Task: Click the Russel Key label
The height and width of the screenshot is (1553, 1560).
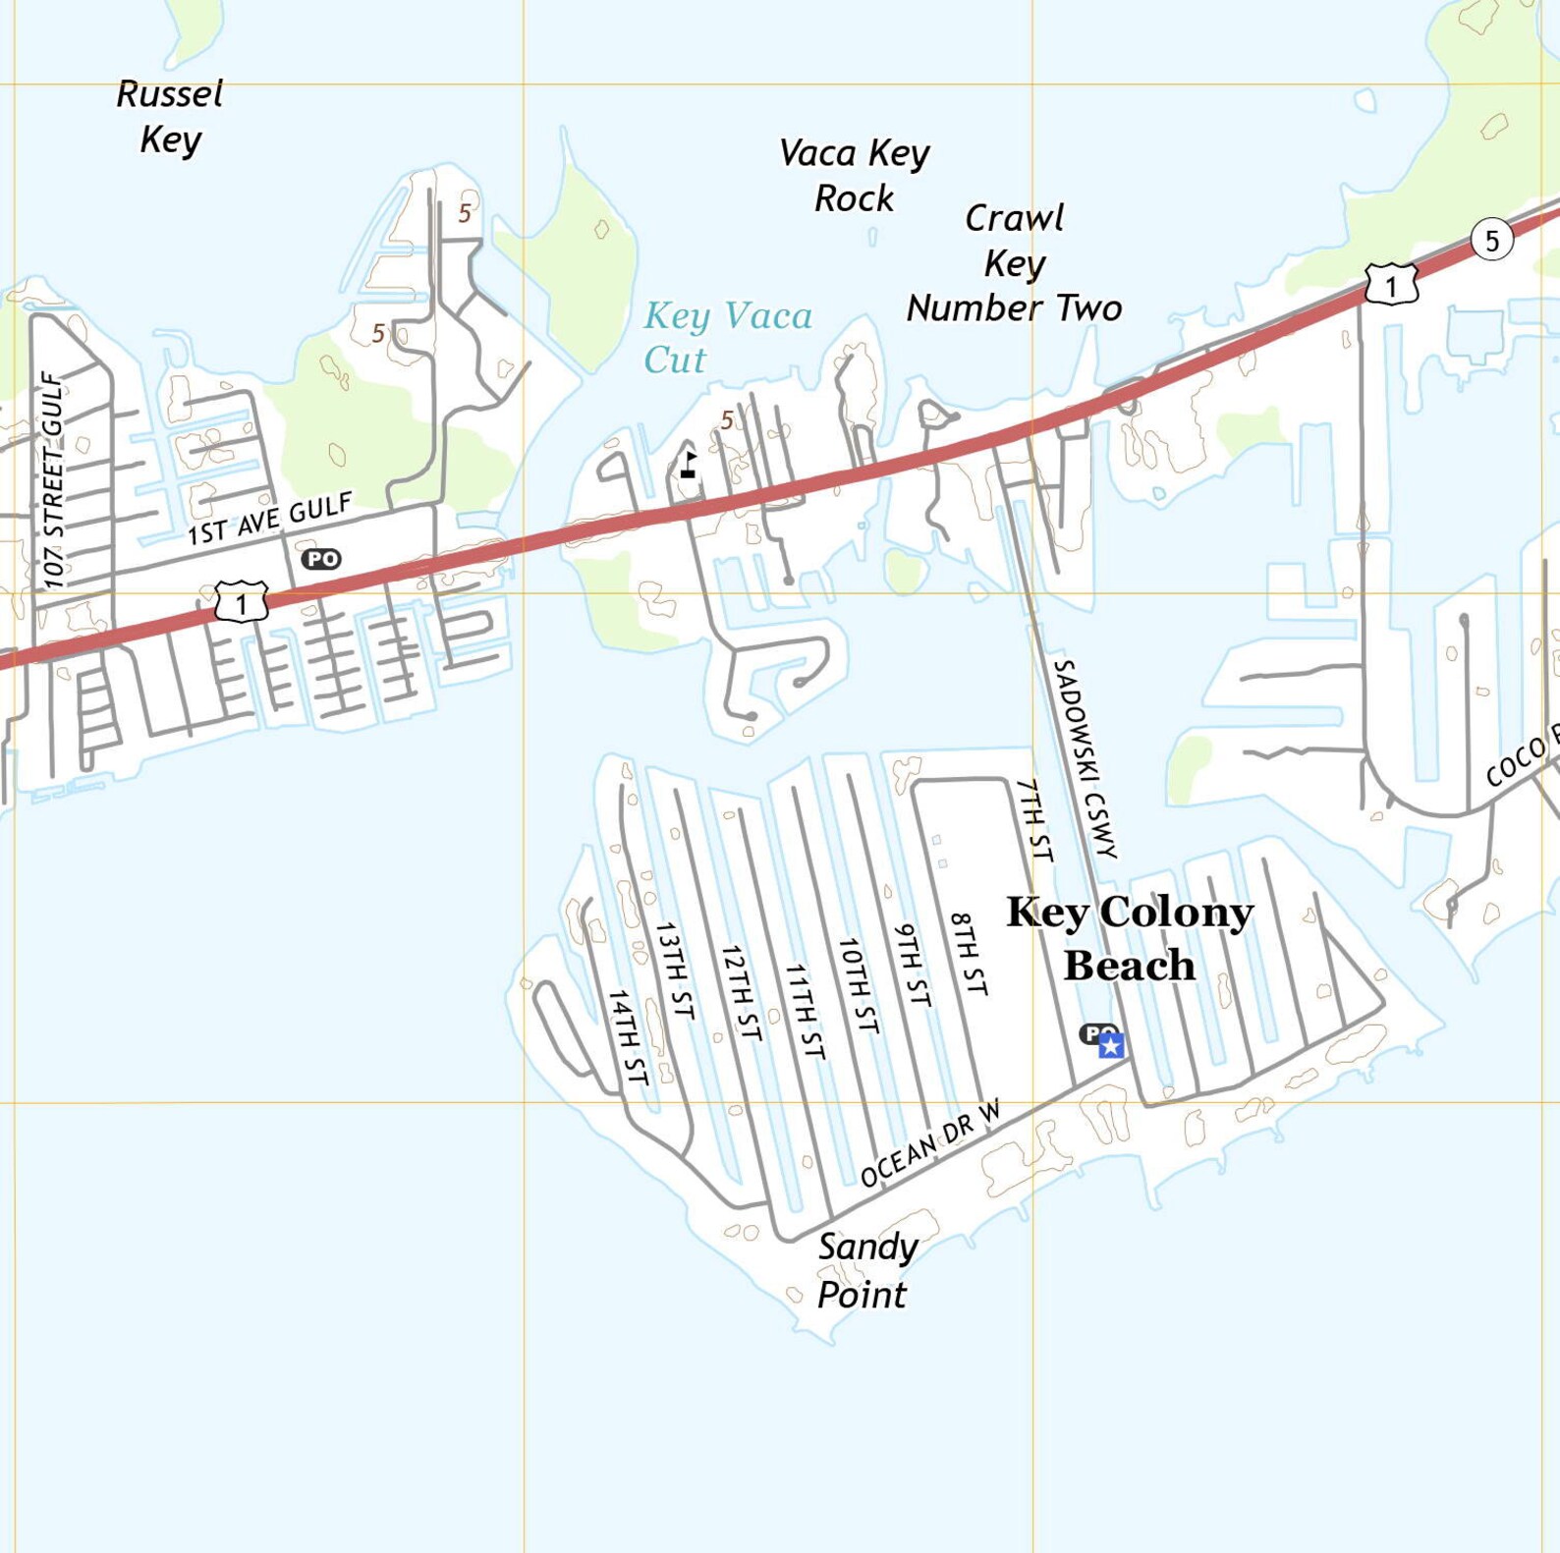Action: (170, 117)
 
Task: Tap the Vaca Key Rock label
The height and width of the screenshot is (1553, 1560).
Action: (854, 176)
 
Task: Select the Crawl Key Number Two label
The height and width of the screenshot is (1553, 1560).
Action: (1014, 263)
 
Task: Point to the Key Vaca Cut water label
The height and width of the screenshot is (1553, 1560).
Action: (727, 337)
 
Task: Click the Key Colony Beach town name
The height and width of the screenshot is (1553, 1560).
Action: (1130, 938)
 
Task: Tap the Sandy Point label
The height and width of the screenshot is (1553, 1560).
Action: (865, 1270)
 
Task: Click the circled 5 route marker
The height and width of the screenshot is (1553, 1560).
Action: (1491, 240)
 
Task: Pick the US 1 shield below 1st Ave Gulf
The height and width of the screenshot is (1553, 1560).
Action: (242, 603)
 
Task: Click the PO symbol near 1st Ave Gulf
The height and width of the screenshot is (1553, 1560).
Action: (321, 559)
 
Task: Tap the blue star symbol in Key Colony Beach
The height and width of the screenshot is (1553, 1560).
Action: (1111, 1046)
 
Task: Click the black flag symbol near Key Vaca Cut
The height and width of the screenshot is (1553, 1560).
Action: (689, 465)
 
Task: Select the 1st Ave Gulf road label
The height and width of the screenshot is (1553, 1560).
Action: (270, 520)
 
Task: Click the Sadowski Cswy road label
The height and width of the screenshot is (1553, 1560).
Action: (1086, 759)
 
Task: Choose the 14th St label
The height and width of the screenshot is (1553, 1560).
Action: (628, 1037)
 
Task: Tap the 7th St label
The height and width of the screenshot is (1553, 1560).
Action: (1034, 820)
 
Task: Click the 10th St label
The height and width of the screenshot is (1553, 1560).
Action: (857, 984)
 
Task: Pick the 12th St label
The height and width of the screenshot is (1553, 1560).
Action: (741, 992)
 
